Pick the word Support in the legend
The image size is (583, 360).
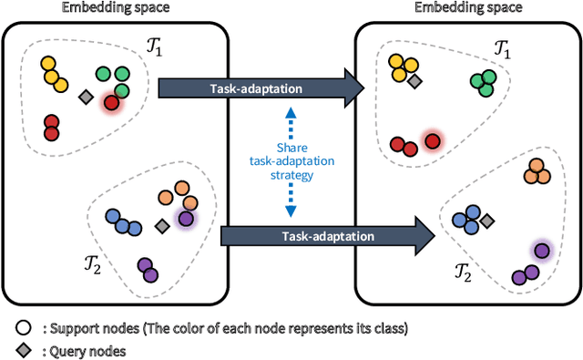coord(64,325)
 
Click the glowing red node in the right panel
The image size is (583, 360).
coord(432,140)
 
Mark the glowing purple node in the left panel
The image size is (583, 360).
coord(187,219)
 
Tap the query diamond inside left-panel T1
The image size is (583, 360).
coord(86,96)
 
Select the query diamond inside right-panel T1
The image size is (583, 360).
coord(414,82)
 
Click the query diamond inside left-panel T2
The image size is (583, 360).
coord(162,224)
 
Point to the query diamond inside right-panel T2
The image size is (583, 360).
coord(487,221)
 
